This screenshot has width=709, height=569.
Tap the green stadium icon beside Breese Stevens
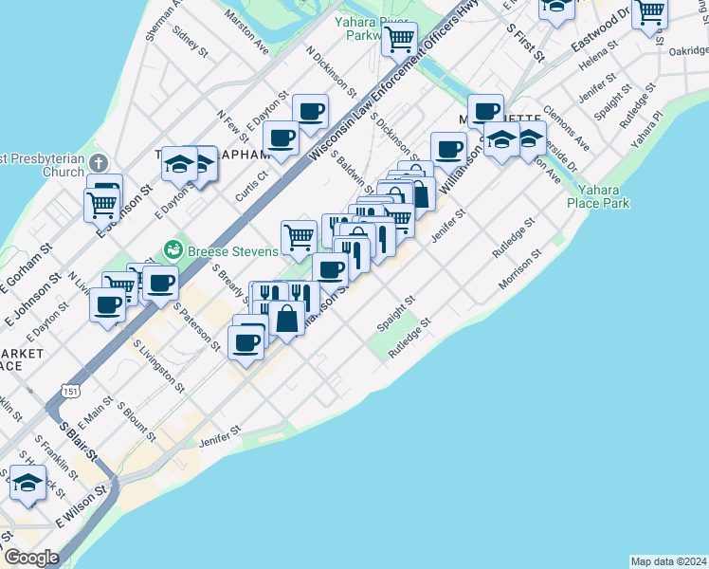173,250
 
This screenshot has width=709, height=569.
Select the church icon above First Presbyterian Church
101,162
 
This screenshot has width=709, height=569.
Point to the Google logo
31,558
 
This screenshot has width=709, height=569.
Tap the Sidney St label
191,43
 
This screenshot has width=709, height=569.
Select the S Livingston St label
159,366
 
